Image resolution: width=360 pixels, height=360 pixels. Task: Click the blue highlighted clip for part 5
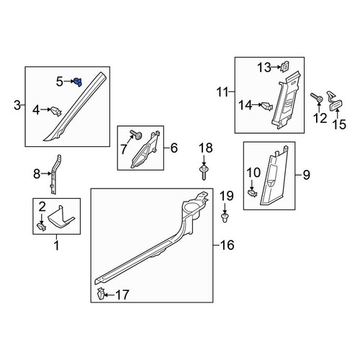coord(78,82)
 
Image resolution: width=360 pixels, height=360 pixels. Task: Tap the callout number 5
coord(60,82)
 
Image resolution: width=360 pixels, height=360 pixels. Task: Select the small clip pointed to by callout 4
coord(55,112)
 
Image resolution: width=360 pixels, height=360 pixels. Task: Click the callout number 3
coord(17,105)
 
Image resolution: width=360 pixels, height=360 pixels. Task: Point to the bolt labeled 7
coord(135,135)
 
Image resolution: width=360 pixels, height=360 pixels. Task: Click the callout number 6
coord(174,148)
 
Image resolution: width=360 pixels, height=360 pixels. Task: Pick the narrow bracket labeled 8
coord(55,174)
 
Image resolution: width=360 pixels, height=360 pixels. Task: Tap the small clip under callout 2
coord(41,227)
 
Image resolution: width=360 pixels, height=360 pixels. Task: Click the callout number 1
coord(57,246)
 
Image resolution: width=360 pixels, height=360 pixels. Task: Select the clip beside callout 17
coord(101,294)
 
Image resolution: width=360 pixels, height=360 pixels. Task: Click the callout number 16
coord(227,245)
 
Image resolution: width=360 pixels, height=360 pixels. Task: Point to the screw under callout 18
coord(204,172)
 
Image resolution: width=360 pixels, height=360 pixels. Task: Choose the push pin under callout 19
coord(225,217)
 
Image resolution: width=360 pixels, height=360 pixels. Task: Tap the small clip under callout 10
coord(252,193)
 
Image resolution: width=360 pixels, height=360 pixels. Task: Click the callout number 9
coord(306,175)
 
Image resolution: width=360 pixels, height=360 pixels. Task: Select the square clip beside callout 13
coord(285,67)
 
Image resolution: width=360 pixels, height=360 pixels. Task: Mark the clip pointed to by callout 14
coord(267,107)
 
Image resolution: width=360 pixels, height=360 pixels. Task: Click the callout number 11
coord(222,92)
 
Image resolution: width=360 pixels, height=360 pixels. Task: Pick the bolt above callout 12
coord(317,98)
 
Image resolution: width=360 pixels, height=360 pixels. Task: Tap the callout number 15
coord(339,125)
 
